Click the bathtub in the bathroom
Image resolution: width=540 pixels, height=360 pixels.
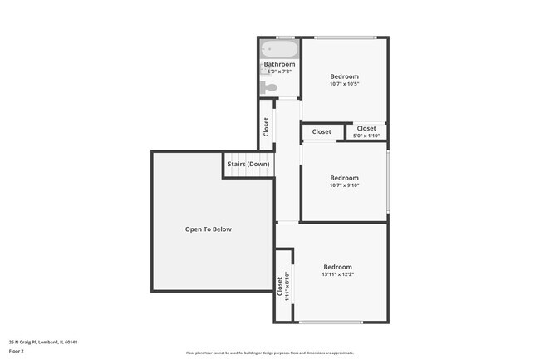279,50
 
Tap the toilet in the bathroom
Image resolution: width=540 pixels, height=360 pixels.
269,86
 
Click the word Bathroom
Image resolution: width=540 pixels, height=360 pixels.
279,64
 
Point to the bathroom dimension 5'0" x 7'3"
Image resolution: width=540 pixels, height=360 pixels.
279,72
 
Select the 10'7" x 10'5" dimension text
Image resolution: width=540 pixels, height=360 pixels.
344,84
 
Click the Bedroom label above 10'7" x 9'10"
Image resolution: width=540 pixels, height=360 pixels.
344,177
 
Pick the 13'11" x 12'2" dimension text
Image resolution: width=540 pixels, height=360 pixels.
337,275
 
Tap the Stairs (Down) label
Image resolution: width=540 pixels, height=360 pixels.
248,164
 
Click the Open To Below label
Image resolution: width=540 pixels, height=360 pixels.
208,229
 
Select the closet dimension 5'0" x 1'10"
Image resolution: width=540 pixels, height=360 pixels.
366,136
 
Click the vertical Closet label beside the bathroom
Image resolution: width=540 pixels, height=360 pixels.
266,126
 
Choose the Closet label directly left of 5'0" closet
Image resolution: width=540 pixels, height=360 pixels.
322,131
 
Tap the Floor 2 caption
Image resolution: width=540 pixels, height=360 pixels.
17,351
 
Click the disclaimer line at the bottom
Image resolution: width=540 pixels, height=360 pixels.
270,353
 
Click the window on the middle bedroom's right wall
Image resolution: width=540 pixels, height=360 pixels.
388,181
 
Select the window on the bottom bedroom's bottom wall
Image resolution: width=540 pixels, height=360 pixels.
331,323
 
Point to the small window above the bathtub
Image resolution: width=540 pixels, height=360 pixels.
285,37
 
